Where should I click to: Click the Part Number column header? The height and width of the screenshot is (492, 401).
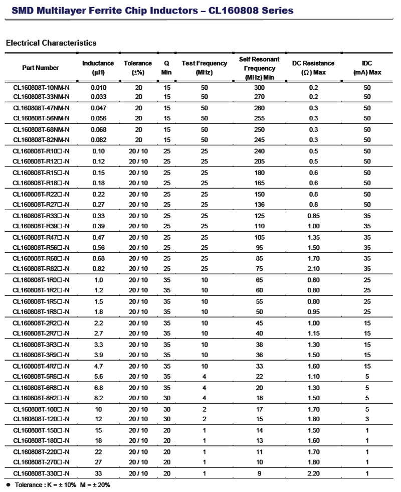click(41, 68)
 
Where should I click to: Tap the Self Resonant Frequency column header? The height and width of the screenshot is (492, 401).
click(260, 68)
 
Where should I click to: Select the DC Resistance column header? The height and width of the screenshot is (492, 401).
click(313, 68)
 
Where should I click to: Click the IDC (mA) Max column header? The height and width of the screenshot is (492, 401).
click(367, 68)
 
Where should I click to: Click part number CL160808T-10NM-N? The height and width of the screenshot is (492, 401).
click(41, 88)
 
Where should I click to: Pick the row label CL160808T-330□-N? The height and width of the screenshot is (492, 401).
click(41, 473)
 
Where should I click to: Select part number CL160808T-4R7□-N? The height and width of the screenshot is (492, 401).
click(41, 367)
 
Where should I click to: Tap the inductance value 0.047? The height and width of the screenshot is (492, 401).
click(98, 108)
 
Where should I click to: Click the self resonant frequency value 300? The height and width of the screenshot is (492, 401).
click(260, 88)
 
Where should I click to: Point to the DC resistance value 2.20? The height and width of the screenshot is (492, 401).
click(314, 473)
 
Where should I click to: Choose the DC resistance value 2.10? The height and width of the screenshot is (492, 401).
click(314, 269)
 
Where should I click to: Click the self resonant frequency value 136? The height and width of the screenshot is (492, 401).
click(260, 205)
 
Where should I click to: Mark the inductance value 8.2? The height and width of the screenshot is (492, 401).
click(98, 398)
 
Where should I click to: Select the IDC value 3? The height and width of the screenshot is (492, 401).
click(367, 419)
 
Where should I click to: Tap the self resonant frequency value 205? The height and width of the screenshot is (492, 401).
click(260, 161)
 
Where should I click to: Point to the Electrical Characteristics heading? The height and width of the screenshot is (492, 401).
click(51, 43)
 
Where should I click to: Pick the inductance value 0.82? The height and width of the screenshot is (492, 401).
click(98, 269)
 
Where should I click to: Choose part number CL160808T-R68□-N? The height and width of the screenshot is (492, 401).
click(41, 259)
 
